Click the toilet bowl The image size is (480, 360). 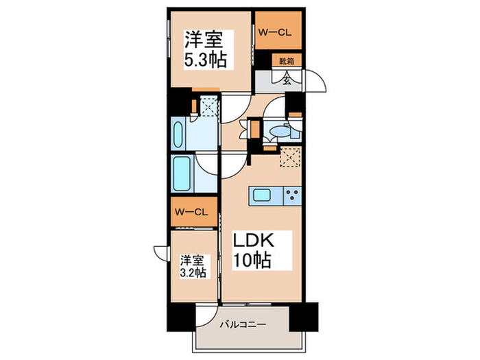pos(279,130)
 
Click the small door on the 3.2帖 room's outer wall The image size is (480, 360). pos(162,252)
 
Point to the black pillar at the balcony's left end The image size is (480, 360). pos(181,316)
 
